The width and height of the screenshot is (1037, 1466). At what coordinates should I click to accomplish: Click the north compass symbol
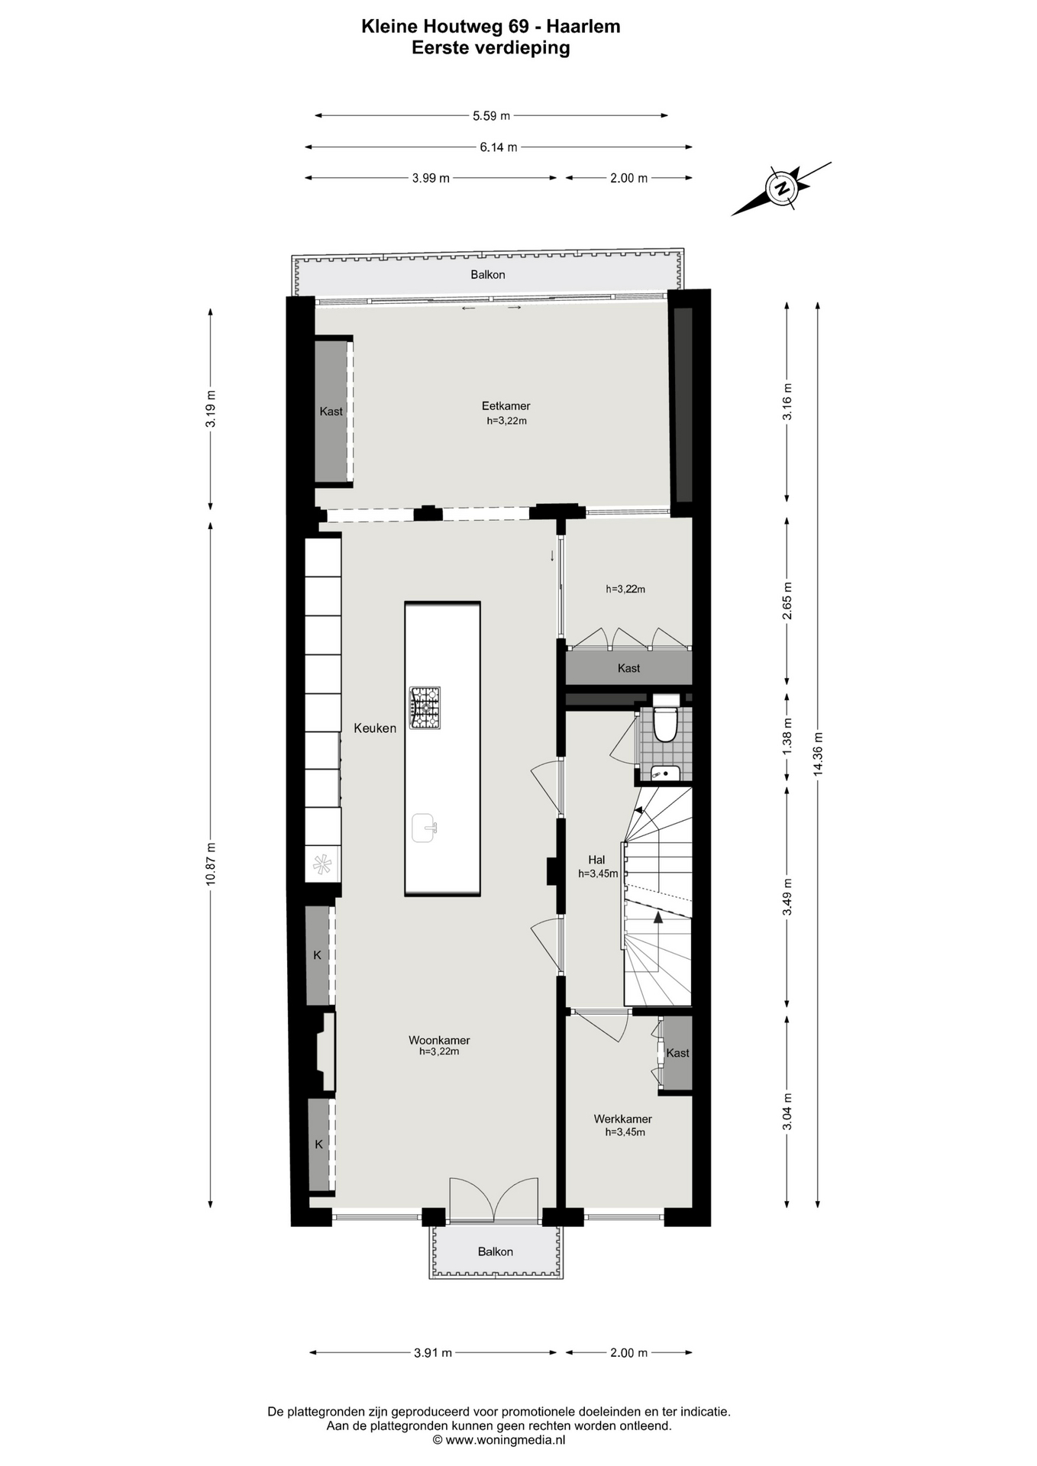click(x=782, y=188)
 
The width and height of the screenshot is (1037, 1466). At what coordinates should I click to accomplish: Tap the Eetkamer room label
click(x=506, y=406)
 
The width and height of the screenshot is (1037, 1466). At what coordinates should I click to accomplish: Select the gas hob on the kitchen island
click(x=425, y=708)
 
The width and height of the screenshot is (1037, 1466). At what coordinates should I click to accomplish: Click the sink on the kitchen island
click(x=425, y=828)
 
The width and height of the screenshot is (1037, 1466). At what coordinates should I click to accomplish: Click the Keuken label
click(x=375, y=728)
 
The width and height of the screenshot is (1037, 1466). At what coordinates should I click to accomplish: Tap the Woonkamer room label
click(x=439, y=1040)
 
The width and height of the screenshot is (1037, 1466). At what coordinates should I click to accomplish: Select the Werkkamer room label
click(x=623, y=1119)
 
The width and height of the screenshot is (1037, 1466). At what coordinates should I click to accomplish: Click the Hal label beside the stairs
click(x=596, y=860)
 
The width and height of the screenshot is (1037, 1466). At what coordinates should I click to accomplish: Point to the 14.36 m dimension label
click(x=819, y=754)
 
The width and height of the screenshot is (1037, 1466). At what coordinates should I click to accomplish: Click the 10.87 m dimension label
click(x=211, y=864)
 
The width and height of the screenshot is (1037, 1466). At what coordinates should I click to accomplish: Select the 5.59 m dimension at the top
click(x=491, y=116)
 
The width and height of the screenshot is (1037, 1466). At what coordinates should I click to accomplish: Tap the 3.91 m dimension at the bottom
click(x=433, y=1374)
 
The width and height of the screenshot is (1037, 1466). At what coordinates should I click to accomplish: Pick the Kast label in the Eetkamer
click(x=331, y=412)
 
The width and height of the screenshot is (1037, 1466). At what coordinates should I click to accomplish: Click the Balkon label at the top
click(x=488, y=275)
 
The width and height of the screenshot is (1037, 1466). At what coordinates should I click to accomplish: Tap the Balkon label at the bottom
click(x=496, y=1251)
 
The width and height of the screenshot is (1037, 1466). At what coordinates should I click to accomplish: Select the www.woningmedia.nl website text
click(x=506, y=1440)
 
